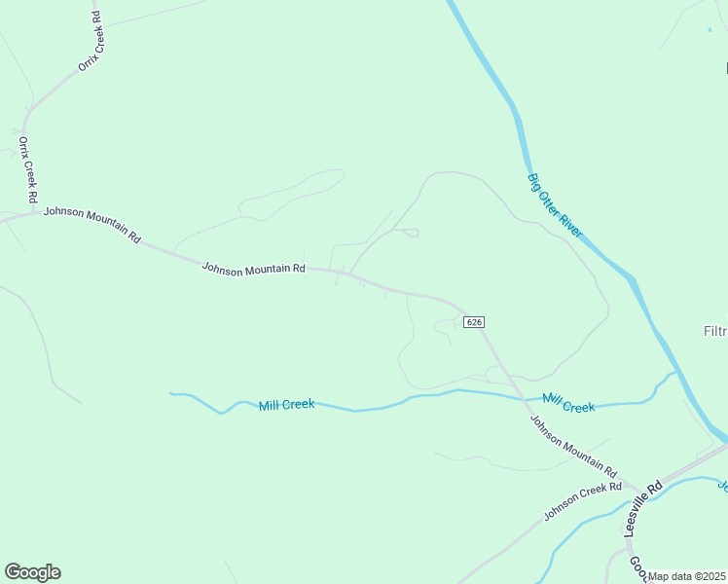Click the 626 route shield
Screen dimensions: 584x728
tap(474, 322)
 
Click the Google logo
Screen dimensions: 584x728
tap(32, 572)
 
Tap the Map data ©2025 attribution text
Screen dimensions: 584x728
tap(687, 576)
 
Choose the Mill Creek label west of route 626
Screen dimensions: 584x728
tap(286, 404)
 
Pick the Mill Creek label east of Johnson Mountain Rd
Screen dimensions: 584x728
tap(569, 403)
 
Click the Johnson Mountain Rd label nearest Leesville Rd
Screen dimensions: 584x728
tap(573, 446)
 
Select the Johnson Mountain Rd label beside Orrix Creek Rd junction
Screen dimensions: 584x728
tap(92, 223)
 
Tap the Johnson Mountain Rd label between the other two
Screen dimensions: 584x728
tap(253, 268)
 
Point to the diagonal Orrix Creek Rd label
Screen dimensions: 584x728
tap(91, 40)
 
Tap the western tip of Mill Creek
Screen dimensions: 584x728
tap(171, 393)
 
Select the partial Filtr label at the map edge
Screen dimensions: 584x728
tap(714, 331)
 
